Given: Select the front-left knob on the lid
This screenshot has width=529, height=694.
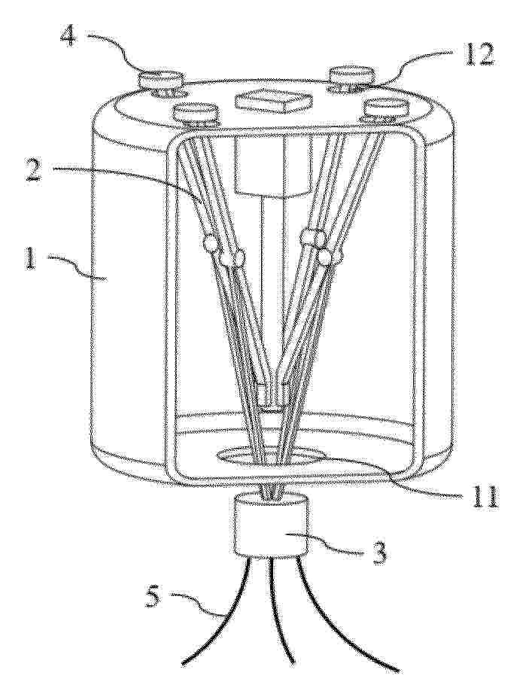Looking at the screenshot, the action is click(x=195, y=113).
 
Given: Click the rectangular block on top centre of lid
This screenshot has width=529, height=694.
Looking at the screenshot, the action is click(x=272, y=101).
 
